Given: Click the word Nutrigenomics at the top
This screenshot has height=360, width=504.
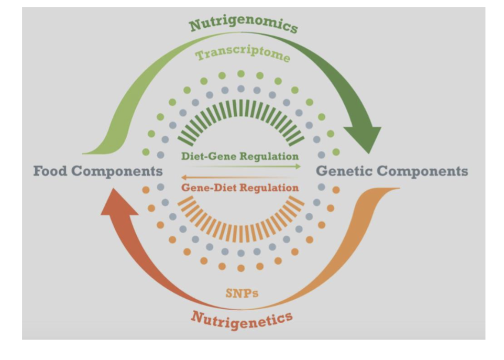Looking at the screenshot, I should [244, 24].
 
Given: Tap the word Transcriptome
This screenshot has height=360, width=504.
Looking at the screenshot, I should [243, 54].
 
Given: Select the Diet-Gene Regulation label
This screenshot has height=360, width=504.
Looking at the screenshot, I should [240, 156].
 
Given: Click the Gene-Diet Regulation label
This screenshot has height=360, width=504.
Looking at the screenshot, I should [240, 188].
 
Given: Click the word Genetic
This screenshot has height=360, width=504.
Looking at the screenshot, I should [344, 171].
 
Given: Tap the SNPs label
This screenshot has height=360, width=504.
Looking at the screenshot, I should [242, 293].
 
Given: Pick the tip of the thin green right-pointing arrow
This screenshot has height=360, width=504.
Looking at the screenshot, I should [300, 166].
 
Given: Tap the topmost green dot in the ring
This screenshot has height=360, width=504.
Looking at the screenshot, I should [241, 73].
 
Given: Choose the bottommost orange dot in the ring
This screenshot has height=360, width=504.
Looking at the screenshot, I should [241, 268].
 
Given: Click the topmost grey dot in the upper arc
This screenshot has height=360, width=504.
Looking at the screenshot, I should [241, 88].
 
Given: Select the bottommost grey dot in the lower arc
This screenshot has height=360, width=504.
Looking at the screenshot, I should [241, 253].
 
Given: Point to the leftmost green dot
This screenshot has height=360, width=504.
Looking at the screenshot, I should [146, 152].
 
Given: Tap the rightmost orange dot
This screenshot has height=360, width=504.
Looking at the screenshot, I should [336, 190].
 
